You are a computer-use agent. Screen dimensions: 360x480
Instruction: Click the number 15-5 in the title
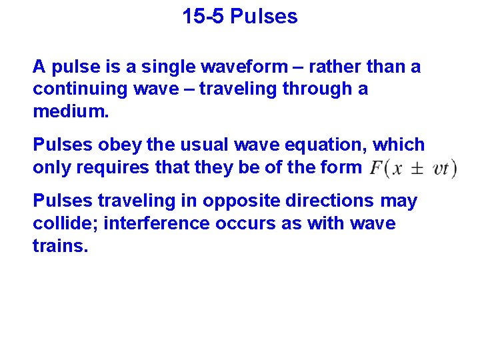[x=203, y=17]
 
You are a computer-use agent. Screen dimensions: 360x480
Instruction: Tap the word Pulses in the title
[x=264, y=17]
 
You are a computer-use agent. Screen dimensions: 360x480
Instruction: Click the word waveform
[x=237, y=67]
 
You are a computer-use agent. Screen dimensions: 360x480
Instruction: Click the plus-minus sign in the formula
[x=417, y=169]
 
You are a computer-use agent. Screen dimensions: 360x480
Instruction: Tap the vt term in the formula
[x=441, y=169]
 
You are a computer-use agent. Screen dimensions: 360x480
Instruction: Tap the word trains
[x=60, y=245]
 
